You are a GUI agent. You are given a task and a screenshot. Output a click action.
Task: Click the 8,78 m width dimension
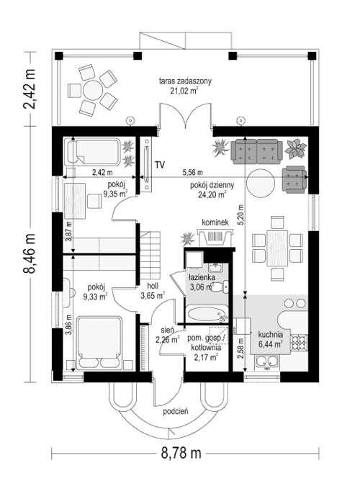(x=180, y=453)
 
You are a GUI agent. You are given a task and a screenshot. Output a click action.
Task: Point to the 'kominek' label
(x=215, y=223)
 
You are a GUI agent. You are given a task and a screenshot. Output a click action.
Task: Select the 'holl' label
(x=152, y=286)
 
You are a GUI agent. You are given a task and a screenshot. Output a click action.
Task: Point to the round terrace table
(x=93, y=90)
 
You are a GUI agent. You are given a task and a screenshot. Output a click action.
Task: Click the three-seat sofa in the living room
(x=256, y=149)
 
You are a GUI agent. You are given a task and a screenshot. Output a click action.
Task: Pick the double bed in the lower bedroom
(x=99, y=345)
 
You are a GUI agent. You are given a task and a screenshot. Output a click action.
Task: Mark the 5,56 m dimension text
(x=192, y=172)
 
